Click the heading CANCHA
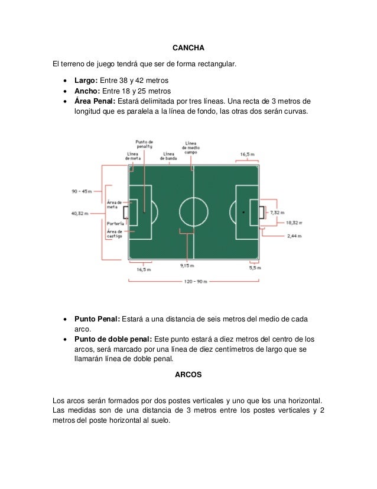pos(188,47)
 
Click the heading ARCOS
pos(188,375)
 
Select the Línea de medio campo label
pos(190,147)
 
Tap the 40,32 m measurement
pos(80,213)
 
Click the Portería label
pos(115,224)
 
